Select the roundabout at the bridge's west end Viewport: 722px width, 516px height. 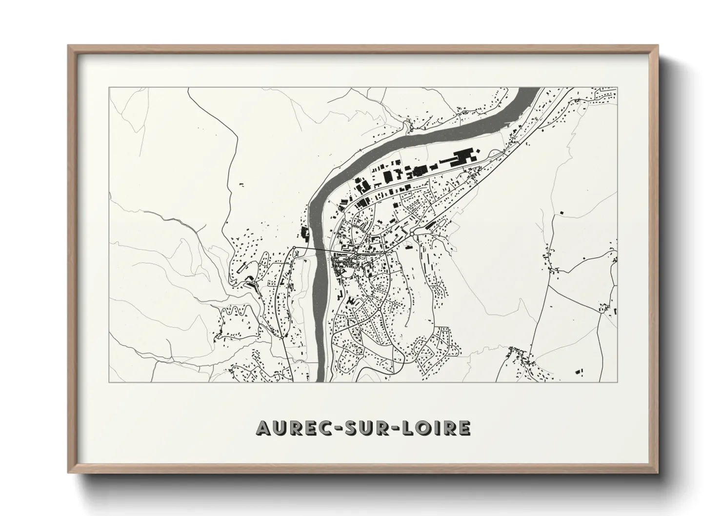[294, 248]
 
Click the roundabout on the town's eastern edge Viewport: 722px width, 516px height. [412, 234]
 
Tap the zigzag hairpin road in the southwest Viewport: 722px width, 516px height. [239, 310]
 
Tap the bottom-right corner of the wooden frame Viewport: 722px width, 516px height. [659, 472]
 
